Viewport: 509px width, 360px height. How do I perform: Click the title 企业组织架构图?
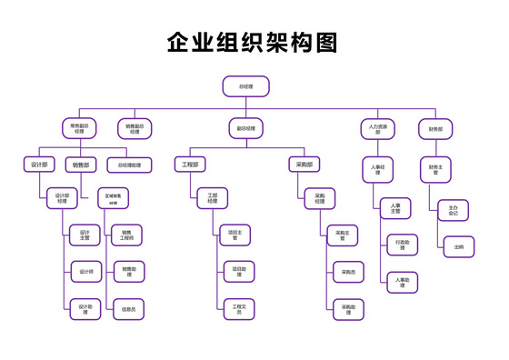tap(254, 43)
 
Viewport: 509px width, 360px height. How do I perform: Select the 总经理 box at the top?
tap(245, 87)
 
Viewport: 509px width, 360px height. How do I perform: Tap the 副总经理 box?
tap(245, 128)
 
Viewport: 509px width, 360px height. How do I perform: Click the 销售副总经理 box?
tap(135, 128)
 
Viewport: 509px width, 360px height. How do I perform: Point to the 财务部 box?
tap(435, 128)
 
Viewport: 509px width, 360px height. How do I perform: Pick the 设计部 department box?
tap(38, 165)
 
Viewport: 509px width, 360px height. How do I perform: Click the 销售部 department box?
tap(83, 165)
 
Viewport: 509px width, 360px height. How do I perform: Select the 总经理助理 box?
tap(129, 165)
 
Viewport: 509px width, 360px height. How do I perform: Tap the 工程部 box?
tap(189, 165)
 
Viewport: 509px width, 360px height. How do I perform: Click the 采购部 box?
tap(304, 165)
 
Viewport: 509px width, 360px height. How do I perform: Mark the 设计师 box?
tap(85, 271)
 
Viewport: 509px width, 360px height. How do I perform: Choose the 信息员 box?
tap(129, 309)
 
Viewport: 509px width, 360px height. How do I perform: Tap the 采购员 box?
tap(349, 272)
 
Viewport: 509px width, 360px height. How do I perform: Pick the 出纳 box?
tap(459, 245)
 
